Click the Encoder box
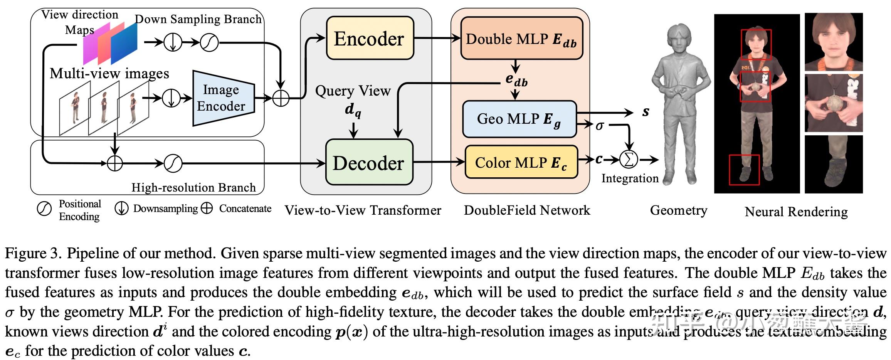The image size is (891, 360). (370, 38)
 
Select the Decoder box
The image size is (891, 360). (369, 162)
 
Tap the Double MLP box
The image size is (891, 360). (521, 39)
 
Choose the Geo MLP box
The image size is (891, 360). (519, 119)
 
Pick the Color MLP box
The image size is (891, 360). (521, 162)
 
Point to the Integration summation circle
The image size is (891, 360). (629, 160)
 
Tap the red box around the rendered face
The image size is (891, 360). (756, 45)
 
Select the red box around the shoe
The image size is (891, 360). (744, 170)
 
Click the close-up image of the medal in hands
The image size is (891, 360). (834, 103)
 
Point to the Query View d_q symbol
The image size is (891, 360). (353, 109)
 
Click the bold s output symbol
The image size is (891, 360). (646, 112)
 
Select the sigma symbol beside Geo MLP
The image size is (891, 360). (600, 125)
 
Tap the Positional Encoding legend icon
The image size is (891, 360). (44, 209)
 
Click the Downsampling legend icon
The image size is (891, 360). (121, 209)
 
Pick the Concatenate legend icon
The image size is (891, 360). (207, 209)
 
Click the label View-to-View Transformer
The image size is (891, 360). (363, 210)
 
